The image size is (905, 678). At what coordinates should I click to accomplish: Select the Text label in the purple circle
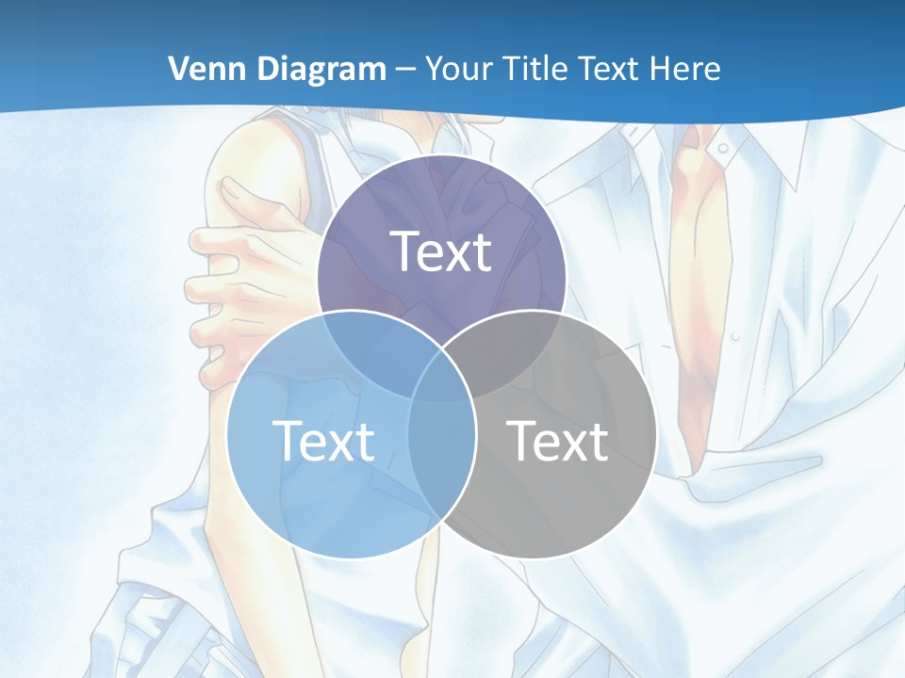[x=441, y=252]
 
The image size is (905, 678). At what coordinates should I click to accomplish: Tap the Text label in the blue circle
[x=323, y=441]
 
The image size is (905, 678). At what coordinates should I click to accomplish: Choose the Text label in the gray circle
[x=557, y=441]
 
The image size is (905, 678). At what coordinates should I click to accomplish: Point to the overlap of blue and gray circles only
[x=441, y=461]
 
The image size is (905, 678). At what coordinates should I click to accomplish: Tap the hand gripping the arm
[x=236, y=282]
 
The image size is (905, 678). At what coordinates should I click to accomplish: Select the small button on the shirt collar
[x=722, y=148]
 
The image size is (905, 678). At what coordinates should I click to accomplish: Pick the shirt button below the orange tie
[x=734, y=336]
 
